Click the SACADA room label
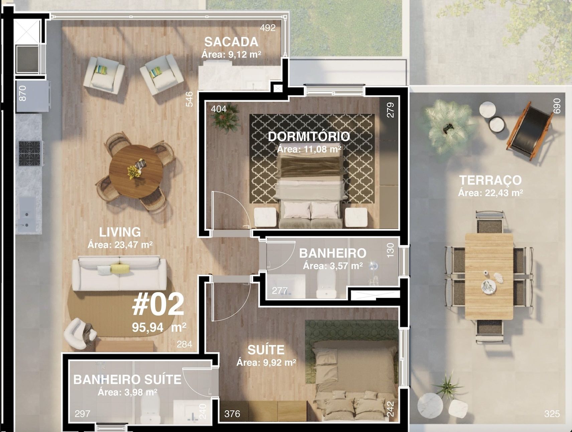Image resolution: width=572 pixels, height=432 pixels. click(231, 42)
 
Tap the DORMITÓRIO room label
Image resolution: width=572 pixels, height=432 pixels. click(309, 136)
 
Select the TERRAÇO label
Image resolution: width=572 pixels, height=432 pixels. click(490, 180)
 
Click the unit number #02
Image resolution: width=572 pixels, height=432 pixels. click(158, 305)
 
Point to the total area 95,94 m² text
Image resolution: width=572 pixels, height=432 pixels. click(159, 327)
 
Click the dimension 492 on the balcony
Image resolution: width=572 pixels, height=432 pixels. click(268, 28)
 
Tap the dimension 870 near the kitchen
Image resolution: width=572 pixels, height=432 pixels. click(22, 93)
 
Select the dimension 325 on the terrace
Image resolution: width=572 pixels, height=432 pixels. click(552, 414)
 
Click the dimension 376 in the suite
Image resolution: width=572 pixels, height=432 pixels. click(232, 414)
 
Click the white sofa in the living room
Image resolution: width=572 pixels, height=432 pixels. click(120, 274)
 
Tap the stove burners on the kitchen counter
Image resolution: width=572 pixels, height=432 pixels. click(29, 153)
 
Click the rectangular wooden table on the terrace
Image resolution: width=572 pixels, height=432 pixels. click(489, 276)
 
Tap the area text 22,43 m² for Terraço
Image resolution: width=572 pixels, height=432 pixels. click(490, 193)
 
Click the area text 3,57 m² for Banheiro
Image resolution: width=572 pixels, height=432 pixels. click(333, 266)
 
